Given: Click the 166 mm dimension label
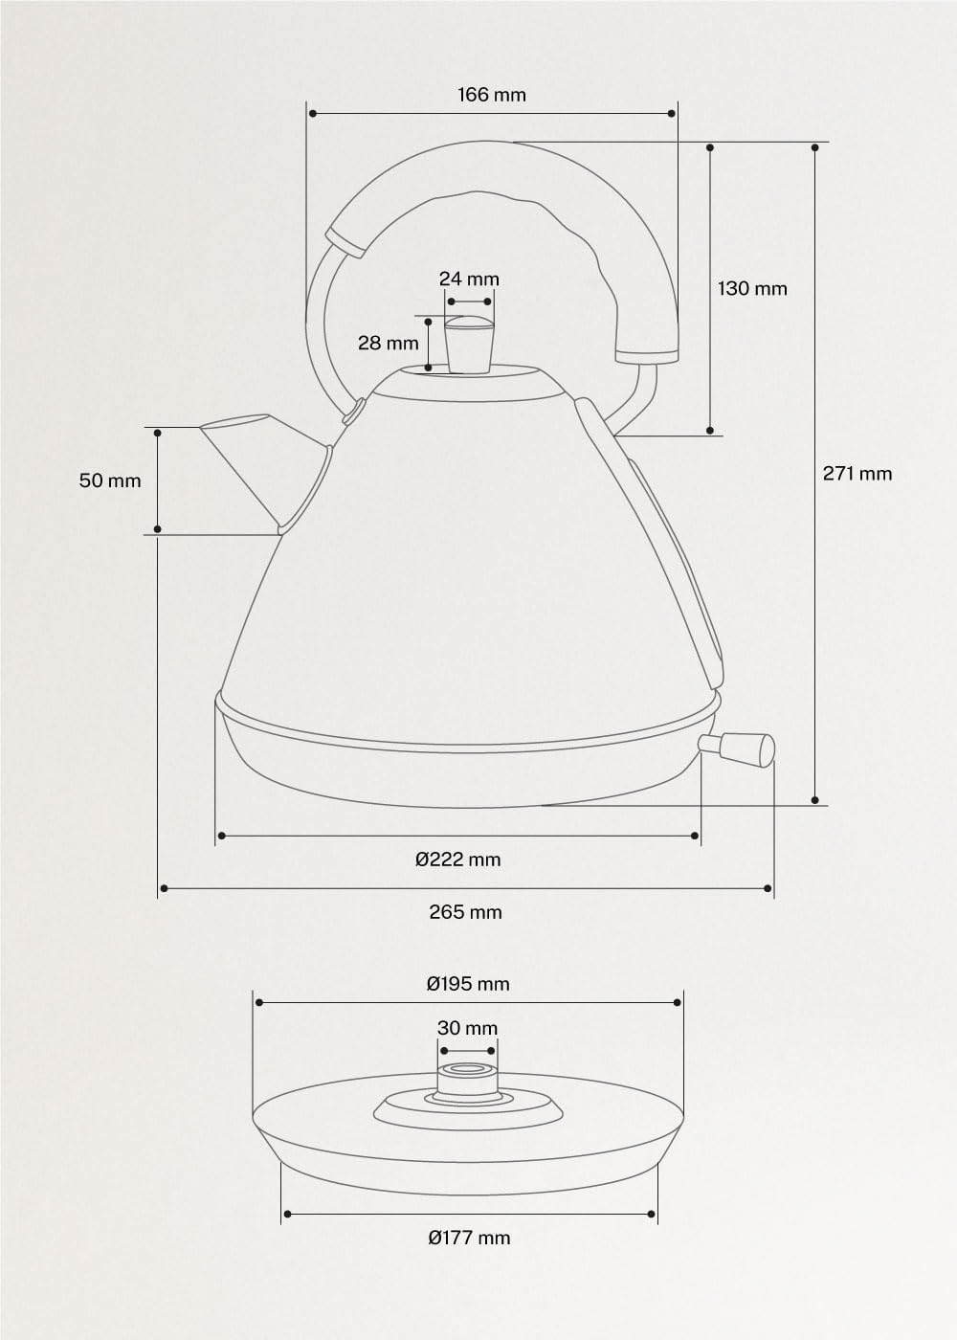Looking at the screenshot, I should pyautogui.click(x=491, y=95).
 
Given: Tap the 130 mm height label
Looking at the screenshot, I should pyautogui.click(x=752, y=288).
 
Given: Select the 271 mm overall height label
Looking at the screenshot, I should pyautogui.click(x=857, y=473).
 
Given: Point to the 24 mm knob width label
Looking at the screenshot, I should pyautogui.click(x=469, y=279).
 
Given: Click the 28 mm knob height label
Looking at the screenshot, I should pyautogui.click(x=389, y=343).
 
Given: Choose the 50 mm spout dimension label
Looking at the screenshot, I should pyautogui.click(x=110, y=480).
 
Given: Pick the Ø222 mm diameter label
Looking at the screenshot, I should pyautogui.click(x=458, y=859).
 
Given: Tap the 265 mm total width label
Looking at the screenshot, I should pyautogui.click(x=465, y=911).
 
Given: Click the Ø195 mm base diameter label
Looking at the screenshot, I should pyautogui.click(x=468, y=983).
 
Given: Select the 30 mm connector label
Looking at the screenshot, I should pyautogui.click(x=467, y=1028).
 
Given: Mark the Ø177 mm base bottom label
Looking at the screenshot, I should pyautogui.click(x=469, y=1238).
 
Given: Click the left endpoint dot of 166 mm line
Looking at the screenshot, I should pyautogui.click(x=312, y=113).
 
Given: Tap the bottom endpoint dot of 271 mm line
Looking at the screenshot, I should pyautogui.click(x=815, y=799).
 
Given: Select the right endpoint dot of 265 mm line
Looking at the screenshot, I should pyautogui.click(x=768, y=889).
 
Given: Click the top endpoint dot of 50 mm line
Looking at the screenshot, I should pyautogui.click(x=158, y=433).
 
